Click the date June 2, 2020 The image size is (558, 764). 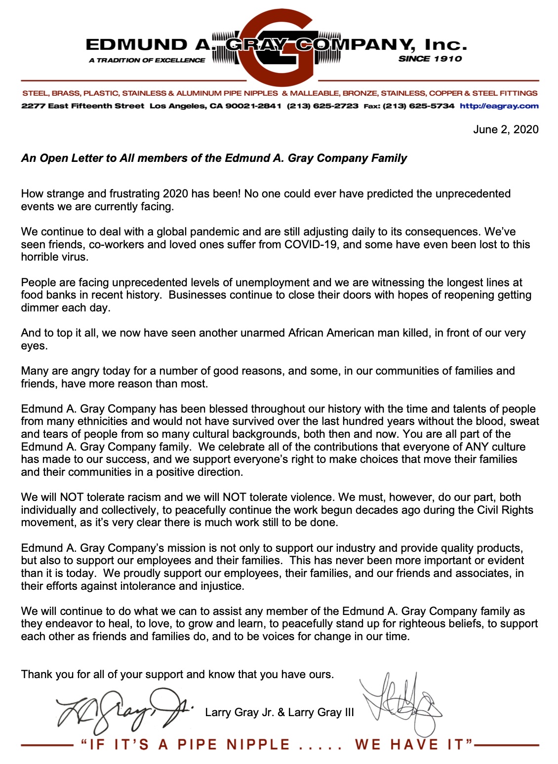coord(505,129)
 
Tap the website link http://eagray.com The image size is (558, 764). coord(499,106)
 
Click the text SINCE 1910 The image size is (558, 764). coord(430,59)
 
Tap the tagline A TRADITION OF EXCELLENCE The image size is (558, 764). coord(147,60)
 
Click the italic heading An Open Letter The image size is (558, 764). coord(214,158)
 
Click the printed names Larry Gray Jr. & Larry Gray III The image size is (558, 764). coord(279,712)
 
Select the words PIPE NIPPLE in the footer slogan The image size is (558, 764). coord(234,744)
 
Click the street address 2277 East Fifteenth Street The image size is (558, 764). coord(83,106)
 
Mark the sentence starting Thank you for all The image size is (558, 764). coord(177,674)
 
